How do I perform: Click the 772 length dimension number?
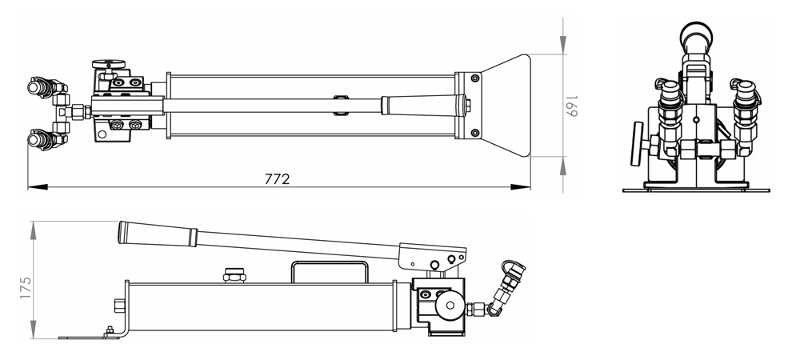point(277,178)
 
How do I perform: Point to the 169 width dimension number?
point(572,104)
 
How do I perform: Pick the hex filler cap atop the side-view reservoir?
point(234,276)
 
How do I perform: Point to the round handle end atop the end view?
point(695,35)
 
